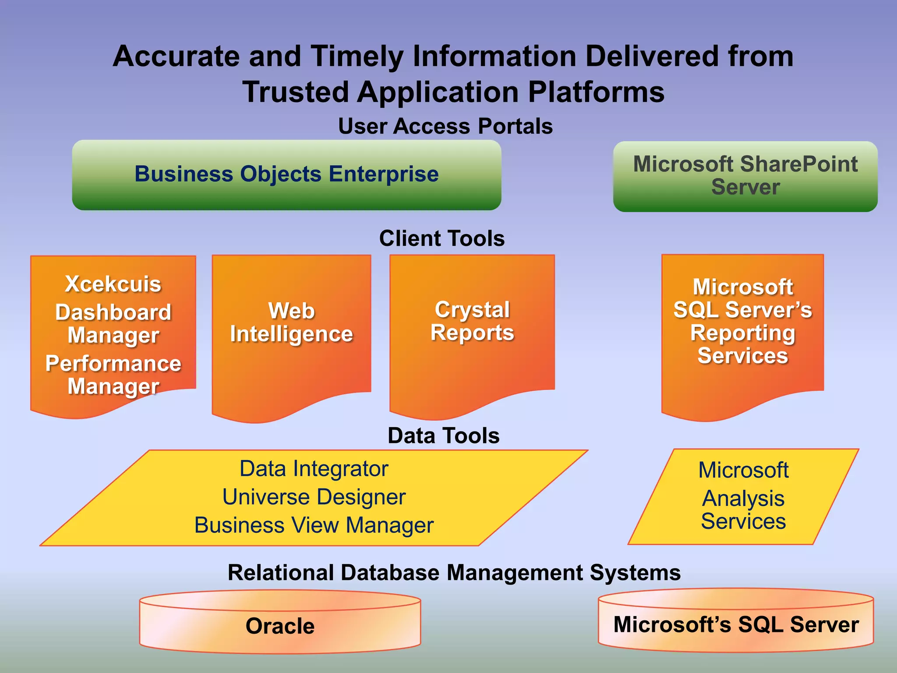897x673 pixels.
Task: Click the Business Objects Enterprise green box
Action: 286,174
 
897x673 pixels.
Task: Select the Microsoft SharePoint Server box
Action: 745,176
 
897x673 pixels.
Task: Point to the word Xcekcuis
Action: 113,284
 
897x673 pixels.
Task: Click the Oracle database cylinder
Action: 280,626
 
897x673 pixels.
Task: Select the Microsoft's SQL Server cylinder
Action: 736,624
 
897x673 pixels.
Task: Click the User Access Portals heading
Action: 445,126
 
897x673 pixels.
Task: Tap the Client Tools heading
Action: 441,238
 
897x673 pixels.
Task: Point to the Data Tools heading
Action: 443,436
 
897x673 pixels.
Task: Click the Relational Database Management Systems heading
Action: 454,572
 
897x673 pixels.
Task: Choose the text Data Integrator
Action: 314,468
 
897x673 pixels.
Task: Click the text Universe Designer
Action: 314,497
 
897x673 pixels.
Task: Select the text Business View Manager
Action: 314,525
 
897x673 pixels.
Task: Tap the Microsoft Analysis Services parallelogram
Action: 743,496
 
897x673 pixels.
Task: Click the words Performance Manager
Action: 113,375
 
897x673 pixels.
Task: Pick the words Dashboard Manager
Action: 113,323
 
